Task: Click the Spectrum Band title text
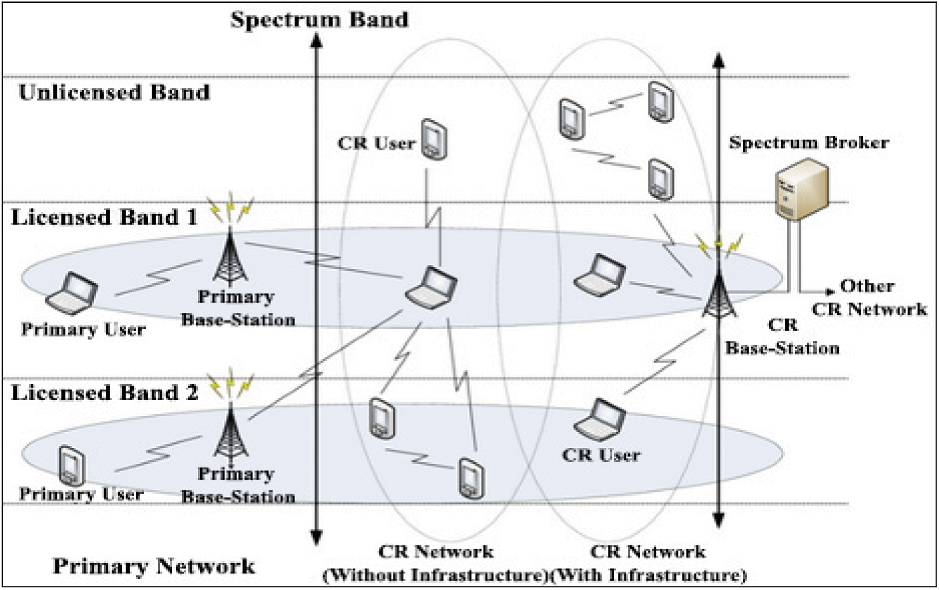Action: pyautogui.click(x=319, y=19)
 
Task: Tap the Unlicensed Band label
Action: pyautogui.click(x=114, y=92)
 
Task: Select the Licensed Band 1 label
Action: pyautogui.click(x=104, y=218)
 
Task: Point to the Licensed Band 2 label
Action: pyautogui.click(x=105, y=392)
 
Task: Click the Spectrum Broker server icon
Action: pyautogui.click(x=800, y=189)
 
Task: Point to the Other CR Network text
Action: pyautogui.click(x=868, y=297)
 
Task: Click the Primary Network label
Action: pyautogui.click(x=154, y=567)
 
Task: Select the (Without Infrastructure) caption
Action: pyautogui.click(x=435, y=575)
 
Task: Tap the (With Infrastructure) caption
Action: pyautogui.click(x=648, y=575)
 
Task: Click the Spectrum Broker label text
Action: pyautogui.click(x=809, y=142)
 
